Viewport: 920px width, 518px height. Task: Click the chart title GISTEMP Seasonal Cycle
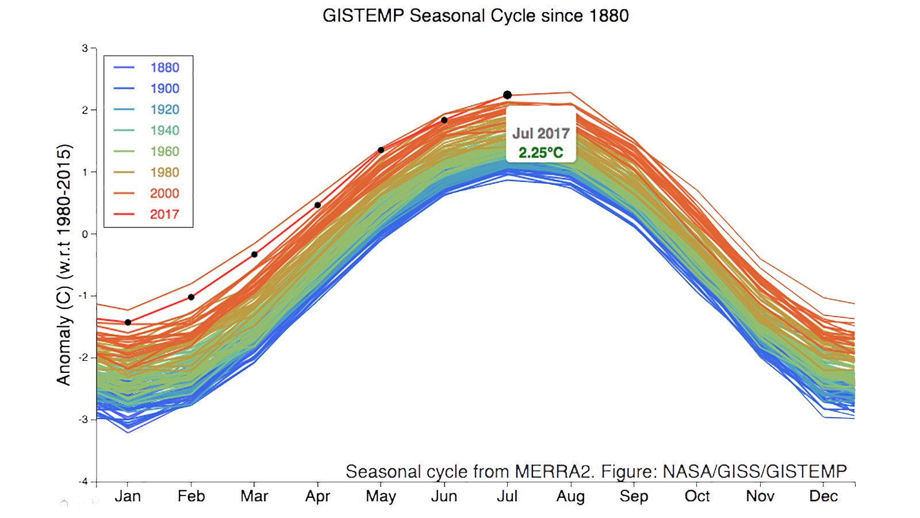pos(476,16)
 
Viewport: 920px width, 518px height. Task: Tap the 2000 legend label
pos(164,193)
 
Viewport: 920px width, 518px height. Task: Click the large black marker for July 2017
pos(507,95)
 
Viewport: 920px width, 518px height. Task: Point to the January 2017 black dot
pos(128,322)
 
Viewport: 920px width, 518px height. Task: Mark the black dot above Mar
pos(254,254)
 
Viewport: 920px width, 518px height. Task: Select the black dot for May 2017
pos(381,150)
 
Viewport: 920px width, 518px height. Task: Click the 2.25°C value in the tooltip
pos(540,153)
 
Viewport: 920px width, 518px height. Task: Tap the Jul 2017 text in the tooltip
pos(540,134)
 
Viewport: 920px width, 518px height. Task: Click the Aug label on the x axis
pos(570,496)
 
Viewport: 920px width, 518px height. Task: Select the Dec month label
pos(823,496)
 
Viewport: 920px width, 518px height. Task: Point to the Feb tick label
pos(191,496)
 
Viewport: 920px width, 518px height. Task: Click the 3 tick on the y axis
pos(85,48)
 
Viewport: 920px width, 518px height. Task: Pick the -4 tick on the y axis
pos(83,481)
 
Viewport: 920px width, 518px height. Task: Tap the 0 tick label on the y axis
pos(85,234)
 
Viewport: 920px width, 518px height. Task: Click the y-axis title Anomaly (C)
pos(64,265)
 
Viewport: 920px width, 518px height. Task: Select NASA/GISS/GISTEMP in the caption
pos(754,472)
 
